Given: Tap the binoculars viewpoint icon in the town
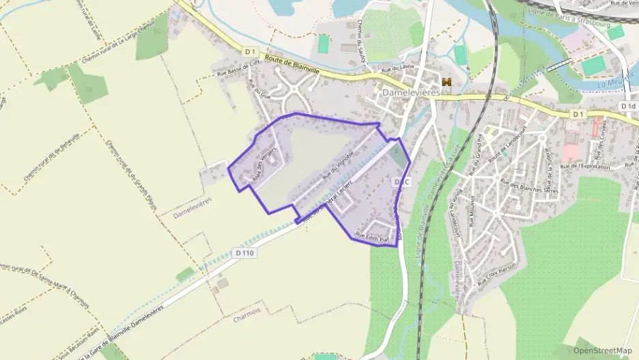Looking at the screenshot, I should [448, 83].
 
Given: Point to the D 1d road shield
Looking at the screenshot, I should [628, 107].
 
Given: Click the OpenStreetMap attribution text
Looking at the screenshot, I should [602, 350].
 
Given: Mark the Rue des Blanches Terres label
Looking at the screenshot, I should [529, 186].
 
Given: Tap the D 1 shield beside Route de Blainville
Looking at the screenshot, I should [249, 51].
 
